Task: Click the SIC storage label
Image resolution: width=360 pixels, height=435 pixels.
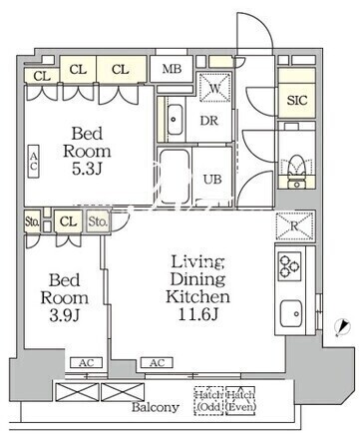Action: (x=297, y=101)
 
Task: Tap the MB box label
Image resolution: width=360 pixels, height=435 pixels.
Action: (x=172, y=69)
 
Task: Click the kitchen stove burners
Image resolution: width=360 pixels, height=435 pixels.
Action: (x=289, y=265)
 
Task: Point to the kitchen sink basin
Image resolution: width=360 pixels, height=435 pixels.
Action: (x=291, y=313)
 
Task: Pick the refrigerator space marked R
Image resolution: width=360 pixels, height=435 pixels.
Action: (x=294, y=225)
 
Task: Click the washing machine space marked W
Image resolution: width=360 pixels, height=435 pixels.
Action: (x=215, y=88)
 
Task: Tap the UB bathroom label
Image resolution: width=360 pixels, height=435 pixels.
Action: (x=212, y=180)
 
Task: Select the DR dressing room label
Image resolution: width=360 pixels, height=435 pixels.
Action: (x=209, y=121)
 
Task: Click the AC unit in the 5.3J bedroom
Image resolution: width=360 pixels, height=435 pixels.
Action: (x=33, y=162)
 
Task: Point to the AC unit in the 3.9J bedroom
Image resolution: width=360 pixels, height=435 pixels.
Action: (x=86, y=363)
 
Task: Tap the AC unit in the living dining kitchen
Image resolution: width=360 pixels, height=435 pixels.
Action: (x=157, y=363)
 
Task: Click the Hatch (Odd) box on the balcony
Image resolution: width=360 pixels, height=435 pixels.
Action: (x=208, y=401)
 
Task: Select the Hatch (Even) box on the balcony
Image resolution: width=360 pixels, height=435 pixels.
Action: (x=240, y=401)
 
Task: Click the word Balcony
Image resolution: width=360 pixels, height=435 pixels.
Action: (x=156, y=407)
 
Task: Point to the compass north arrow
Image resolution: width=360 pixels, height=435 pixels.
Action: (x=343, y=327)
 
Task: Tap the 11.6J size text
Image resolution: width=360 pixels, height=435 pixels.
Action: (x=198, y=314)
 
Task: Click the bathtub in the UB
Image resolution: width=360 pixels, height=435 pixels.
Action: (x=175, y=177)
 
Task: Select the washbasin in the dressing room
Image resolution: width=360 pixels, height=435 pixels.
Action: (x=175, y=120)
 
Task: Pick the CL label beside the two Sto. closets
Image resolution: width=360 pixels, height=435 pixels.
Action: (x=69, y=221)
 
